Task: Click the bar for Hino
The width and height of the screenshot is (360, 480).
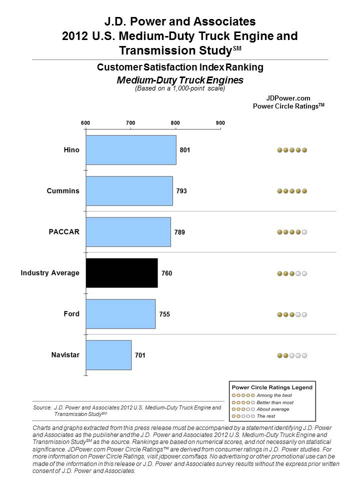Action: click(x=131, y=150)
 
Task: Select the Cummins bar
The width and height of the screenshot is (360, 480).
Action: click(x=129, y=191)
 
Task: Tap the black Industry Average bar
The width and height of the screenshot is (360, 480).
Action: click(x=122, y=273)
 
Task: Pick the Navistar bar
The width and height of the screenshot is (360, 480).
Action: click(x=108, y=355)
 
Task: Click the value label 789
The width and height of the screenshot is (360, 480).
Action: click(x=179, y=232)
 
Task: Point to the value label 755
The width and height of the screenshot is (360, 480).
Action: click(x=164, y=314)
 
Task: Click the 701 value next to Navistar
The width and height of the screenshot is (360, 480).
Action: click(x=140, y=355)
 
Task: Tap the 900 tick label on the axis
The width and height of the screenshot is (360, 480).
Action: click(x=220, y=123)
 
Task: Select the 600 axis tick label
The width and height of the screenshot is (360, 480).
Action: click(x=85, y=123)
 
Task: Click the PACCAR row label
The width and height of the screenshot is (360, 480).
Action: click(x=64, y=231)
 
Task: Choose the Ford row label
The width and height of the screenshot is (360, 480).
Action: click(x=71, y=314)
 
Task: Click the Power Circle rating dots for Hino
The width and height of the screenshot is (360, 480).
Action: click(x=292, y=150)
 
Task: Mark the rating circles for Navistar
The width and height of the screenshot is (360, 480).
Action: click(x=292, y=355)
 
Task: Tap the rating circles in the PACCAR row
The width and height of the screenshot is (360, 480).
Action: click(x=292, y=232)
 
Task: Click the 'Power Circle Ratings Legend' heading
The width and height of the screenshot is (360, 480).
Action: click(x=272, y=387)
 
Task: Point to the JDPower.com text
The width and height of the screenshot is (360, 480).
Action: click(x=288, y=98)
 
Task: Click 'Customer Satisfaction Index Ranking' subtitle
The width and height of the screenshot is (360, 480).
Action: click(x=180, y=67)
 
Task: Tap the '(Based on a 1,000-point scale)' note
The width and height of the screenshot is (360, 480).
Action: click(x=180, y=88)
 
